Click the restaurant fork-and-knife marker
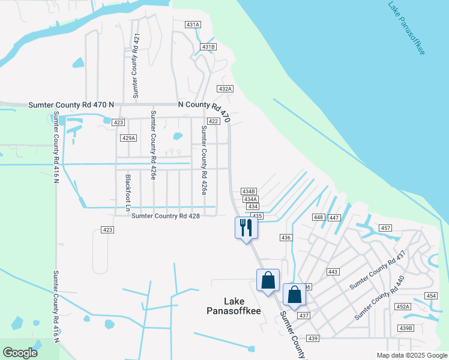pos(246,227)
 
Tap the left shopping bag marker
pos(268,280)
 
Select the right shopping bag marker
pos(294,295)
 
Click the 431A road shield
pos(193,25)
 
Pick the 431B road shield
pos(208,47)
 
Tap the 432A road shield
pos(224,89)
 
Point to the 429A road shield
pos(128,138)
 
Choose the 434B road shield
pos(249,191)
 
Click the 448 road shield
pos(319,217)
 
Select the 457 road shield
pos(385,228)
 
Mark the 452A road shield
pos(403,307)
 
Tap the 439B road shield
pos(406,328)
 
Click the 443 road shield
pos(333,272)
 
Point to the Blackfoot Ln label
pos(128,192)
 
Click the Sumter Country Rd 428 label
pos(165,216)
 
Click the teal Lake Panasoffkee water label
pos(406,29)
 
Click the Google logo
pos(20,353)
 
